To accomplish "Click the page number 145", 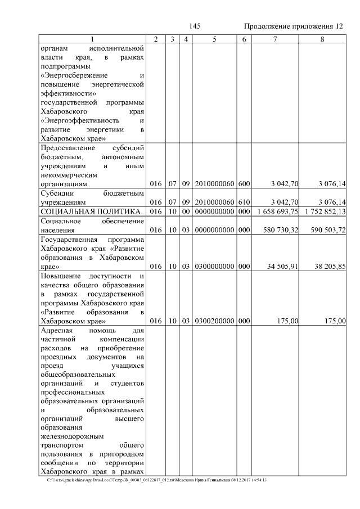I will pos(195,26).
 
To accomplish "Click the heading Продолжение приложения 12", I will pos(293,26).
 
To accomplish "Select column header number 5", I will pos(214,39).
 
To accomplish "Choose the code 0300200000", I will pos(214,321).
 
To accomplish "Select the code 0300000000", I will pos(214,266).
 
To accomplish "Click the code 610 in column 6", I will pos(244,202).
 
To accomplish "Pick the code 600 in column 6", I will pos(244,184).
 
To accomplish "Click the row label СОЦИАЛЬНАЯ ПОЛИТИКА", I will pos(90,211).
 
